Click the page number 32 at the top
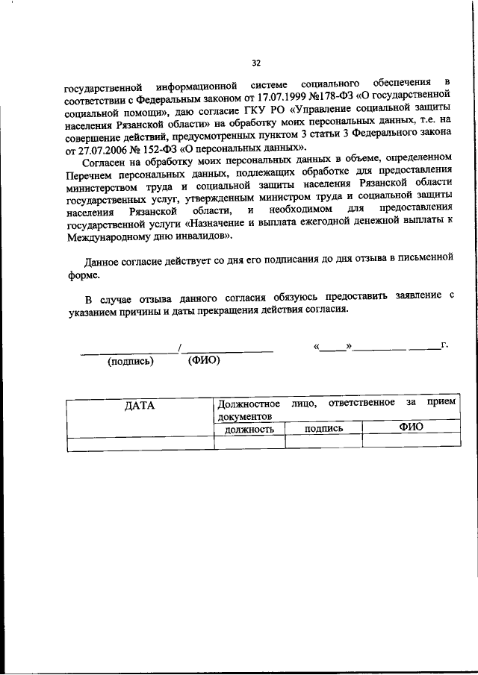point(256,63)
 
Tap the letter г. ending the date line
point(445,345)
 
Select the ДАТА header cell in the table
point(139,406)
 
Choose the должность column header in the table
point(249,429)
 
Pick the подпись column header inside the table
point(323,429)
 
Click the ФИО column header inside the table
point(410,427)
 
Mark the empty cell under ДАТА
point(140,443)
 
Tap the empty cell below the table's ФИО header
point(410,442)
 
